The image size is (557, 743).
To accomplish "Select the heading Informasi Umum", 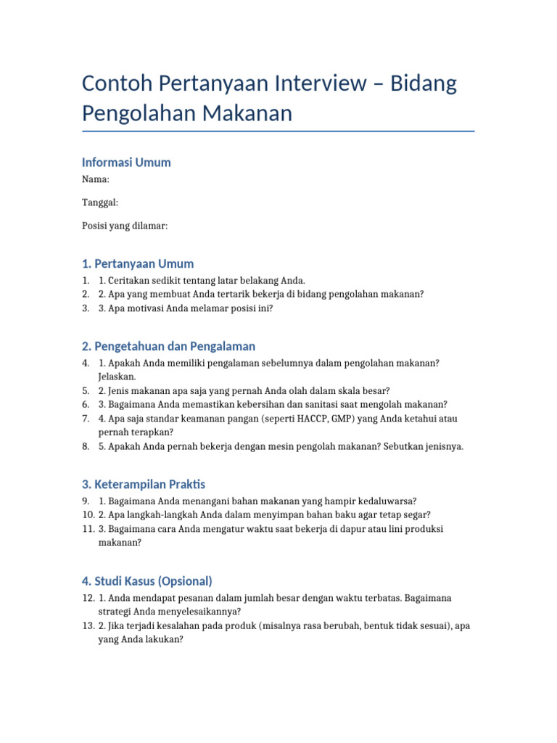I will [126, 163].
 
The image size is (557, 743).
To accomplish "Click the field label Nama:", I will [96, 179].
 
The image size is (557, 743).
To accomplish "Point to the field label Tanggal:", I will [100, 202].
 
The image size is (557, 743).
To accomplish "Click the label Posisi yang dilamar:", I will [125, 226].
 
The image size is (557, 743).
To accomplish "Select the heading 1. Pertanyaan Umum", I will [138, 263].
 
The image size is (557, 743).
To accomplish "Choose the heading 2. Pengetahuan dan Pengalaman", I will [168, 346].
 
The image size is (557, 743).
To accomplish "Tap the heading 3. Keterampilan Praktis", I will [144, 484].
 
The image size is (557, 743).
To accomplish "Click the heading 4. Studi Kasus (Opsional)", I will [147, 581].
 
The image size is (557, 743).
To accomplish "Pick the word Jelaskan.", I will [117, 377].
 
